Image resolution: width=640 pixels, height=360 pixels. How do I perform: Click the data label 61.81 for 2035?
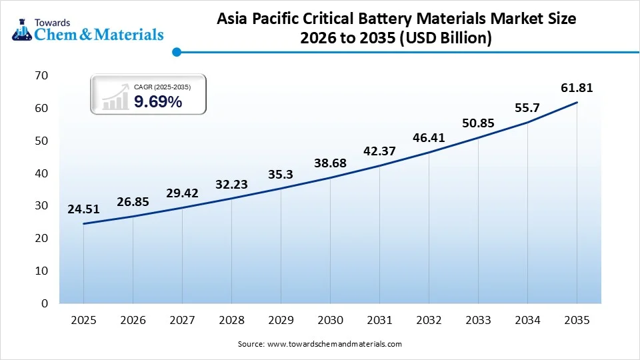click(577, 87)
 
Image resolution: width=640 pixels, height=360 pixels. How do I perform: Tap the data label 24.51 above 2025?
click(83, 209)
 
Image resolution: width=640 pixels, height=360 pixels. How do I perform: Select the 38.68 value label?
click(330, 163)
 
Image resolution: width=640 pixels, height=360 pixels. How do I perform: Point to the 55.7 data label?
click(527, 107)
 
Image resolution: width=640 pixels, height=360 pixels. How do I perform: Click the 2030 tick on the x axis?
click(330, 320)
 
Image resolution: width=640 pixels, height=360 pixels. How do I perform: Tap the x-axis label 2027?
click(182, 320)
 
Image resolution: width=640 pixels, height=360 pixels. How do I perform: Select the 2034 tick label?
click(527, 320)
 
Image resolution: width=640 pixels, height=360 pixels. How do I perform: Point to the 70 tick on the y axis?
click(41, 75)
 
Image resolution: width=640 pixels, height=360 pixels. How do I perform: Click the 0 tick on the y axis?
click(45, 303)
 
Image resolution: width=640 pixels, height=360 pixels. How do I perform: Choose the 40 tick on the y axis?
click(41, 173)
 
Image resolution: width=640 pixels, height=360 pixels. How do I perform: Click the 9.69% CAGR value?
click(158, 102)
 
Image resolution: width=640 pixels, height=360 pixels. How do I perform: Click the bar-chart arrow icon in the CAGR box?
click(115, 97)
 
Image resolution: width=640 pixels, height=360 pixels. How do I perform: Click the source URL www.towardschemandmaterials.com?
click(334, 344)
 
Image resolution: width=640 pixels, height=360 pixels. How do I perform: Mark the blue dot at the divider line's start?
click(177, 51)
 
